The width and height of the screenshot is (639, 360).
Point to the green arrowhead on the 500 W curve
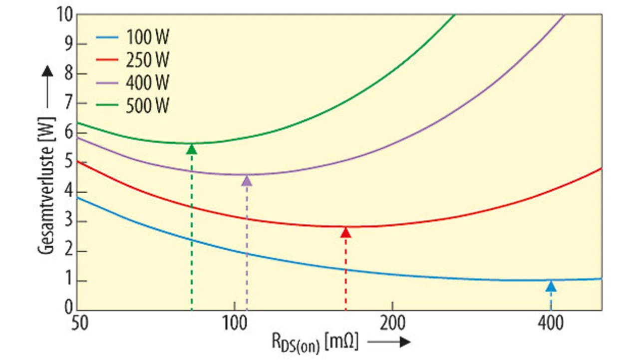(192, 148)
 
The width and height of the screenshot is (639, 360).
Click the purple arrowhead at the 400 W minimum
(247, 180)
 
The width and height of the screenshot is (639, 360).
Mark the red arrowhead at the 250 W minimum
(345, 232)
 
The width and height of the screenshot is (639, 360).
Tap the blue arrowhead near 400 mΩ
(551, 286)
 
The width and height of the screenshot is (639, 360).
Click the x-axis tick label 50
(80, 323)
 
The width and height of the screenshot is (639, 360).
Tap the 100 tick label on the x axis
(235, 323)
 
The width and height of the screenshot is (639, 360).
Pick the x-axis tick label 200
(392, 323)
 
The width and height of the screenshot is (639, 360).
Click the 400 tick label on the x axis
(550, 323)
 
